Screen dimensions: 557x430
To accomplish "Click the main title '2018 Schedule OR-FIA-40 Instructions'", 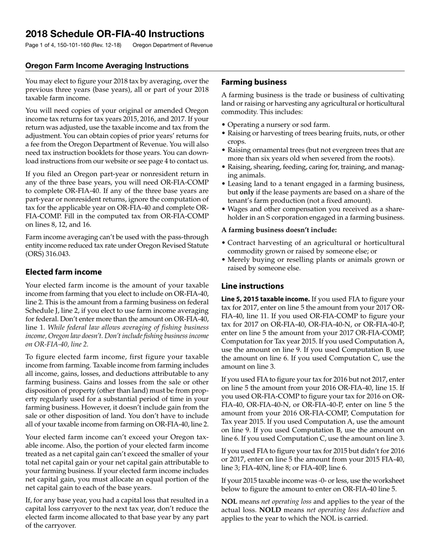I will coord(115,34).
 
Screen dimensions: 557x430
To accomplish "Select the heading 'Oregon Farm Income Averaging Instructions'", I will coord(107,66).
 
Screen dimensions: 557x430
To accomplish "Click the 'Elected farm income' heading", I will coord(63,272).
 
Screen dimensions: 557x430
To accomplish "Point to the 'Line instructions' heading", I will coord(252,286).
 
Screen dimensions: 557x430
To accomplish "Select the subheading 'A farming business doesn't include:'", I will coord(279,230).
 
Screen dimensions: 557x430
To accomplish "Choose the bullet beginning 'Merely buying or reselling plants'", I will coord(315,264).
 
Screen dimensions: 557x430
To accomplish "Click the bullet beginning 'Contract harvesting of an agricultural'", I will coord(315,247).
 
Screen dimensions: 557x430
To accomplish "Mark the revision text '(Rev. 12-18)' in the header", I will coord(106,45).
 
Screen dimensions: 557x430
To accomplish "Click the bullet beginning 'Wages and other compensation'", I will coord(315,213).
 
